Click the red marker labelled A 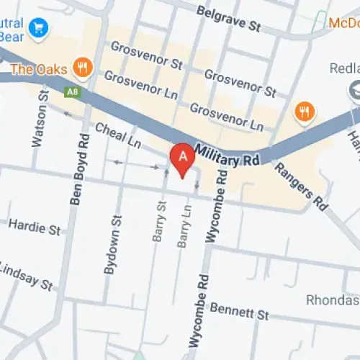[183, 158]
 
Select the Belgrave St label [228, 19]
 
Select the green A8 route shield [72, 92]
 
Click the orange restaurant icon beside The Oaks [84, 68]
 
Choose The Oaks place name [40, 69]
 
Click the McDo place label [344, 23]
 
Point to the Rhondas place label [332, 300]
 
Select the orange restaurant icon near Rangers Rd [305, 112]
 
